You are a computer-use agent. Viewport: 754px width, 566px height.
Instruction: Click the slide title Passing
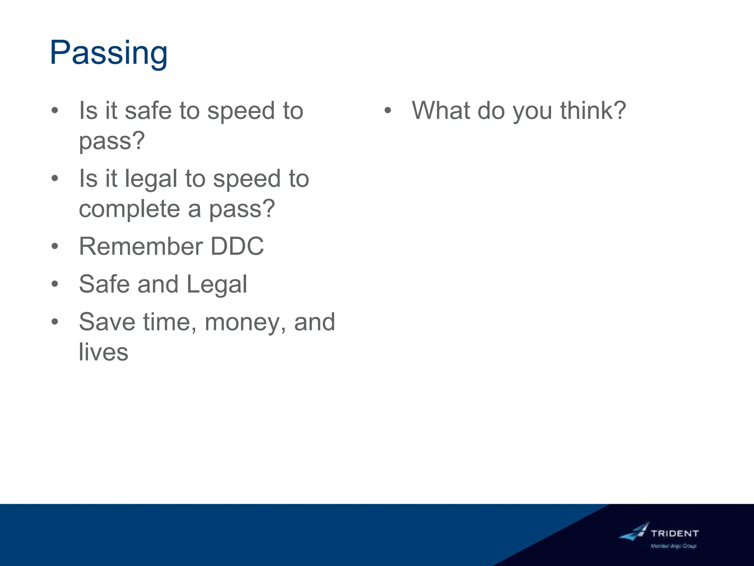click(x=109, y=53)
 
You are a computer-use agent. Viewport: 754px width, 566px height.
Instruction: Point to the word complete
click(x=129, y=209)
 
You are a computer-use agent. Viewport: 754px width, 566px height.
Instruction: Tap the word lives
click(x=103, y=352)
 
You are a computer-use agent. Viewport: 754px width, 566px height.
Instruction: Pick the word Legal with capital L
click(x=216, y=284)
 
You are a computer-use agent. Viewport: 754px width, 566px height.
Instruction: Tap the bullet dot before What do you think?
click(x=387, y=111)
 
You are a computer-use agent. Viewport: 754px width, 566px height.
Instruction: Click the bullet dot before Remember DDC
click(x=55, y=246)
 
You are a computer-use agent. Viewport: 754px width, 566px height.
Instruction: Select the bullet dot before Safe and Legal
click(x=55, y=284)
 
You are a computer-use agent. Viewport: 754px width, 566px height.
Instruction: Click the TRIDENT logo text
click(x=674, y=533)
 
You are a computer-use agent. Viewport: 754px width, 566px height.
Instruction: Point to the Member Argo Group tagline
click(x=673, y=546)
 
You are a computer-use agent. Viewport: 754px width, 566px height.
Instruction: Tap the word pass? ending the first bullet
click(x=112, y=141)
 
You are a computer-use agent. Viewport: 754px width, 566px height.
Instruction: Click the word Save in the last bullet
click(x=107, y=322)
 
